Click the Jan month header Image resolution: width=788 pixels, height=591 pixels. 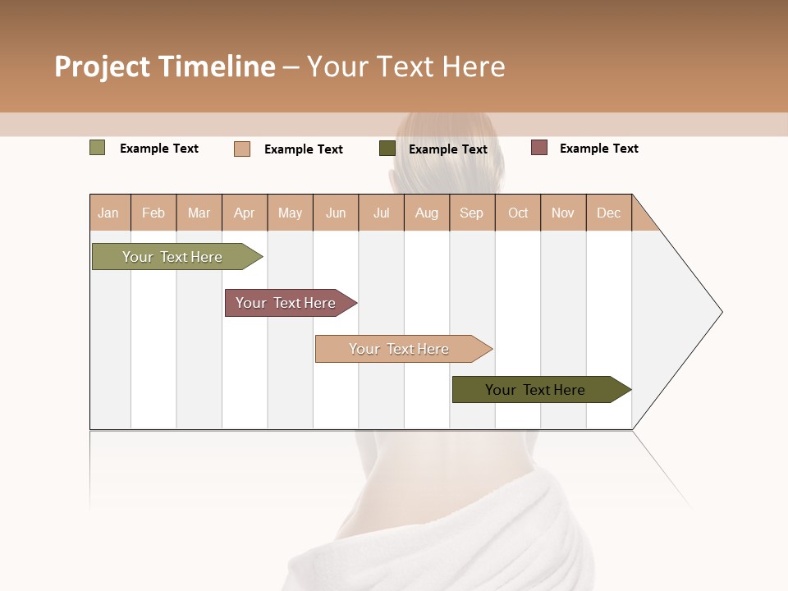(x=109, y=213)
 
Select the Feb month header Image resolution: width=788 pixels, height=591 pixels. (x=153, y=213)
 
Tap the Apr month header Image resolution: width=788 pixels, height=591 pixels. (x=245, y=213)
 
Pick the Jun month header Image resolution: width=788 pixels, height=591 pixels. (x=336, y=213)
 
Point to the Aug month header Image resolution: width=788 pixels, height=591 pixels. (x=427, y=213)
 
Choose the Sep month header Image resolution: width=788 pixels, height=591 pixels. (x=472, y=213)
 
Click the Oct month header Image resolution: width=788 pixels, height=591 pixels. (x=518, y=213)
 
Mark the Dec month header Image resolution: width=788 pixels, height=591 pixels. (x=609, y=213)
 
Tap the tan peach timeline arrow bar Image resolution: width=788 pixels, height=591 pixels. (x=400, y=349)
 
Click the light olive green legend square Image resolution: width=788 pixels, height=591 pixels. (x=98, y=148)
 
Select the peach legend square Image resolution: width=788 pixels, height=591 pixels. (x=242, y=149)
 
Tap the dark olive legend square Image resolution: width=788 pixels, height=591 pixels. (x=387, y=149)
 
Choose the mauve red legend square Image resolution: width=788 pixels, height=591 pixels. (x=539, y=148)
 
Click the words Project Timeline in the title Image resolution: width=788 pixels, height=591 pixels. (x=165, y=66)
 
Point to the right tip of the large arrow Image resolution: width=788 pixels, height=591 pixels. (x=720, y=312)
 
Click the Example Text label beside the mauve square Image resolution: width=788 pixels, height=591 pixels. (x=598, y=149)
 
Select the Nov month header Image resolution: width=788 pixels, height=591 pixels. (x=563, y=213)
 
